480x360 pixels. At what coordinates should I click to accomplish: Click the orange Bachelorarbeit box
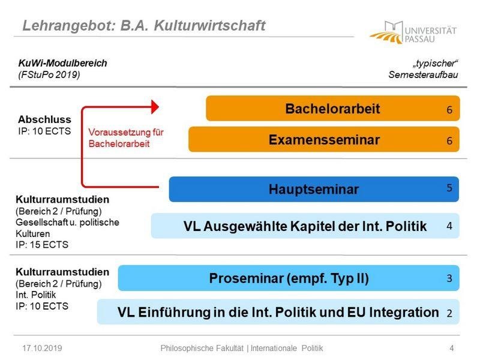tap(333, 109)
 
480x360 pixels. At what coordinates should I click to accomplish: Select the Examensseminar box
tap(324, 139)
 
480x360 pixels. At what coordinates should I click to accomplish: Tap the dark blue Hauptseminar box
tap(314, 189)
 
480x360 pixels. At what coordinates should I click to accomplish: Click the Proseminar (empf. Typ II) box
tap(289, 278)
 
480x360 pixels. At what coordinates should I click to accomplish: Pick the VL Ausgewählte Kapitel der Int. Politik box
tap(305, 226)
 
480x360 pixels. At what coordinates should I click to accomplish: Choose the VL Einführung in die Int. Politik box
tap(278, 312)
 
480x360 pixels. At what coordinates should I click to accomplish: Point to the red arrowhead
tap(155, 107)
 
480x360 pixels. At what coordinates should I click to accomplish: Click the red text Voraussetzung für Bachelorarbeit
tap(126, 138)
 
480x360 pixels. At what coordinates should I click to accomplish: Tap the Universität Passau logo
tap(413, 32)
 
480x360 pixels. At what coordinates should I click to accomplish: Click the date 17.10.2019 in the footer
tap(42, 348)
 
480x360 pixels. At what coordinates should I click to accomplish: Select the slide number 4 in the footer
tap(452, 348)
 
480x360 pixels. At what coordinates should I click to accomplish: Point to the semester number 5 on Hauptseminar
tap(449, 188)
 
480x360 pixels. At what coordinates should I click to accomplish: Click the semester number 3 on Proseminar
tap(449, 278)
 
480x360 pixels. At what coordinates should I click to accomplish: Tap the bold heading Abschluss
tap(44, 119)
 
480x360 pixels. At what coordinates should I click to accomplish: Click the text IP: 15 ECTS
tap(42, 245)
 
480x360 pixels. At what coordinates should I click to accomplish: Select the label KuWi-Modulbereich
tap(63, 63)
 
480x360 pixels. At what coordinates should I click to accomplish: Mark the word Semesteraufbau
tap(424, 74)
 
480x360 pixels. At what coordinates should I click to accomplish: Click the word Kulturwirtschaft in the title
tap(210, 25)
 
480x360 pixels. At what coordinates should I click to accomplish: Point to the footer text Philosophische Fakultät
tap(202, 348)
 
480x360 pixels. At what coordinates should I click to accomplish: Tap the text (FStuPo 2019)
tap(49, 74)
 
